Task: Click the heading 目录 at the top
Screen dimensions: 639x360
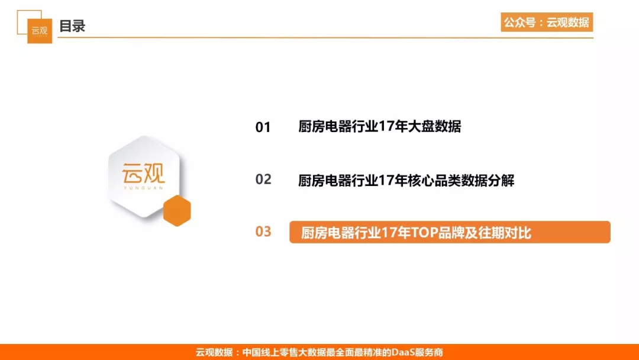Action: [72, 26]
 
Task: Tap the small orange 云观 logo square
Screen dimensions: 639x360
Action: [40, 31]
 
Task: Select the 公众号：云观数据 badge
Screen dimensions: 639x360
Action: [547, 22]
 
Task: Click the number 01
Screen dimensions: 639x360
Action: [263, 127]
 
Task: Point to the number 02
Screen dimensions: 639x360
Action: [263, 179]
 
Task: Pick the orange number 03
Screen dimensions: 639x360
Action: [263, 232]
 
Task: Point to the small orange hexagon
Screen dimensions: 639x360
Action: [177, 210]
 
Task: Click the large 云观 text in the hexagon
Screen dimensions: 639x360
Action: [143, 173]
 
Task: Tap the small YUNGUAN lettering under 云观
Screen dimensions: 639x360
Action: [143, 188]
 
